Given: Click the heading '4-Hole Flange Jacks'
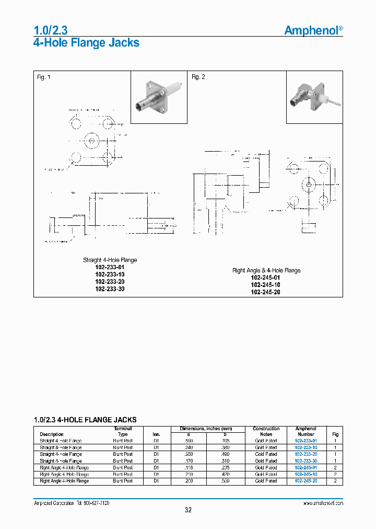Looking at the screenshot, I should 86,43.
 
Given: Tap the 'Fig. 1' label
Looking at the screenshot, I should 44,77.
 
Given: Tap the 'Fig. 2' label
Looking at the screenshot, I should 198,77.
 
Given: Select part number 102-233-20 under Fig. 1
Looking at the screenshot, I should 110,282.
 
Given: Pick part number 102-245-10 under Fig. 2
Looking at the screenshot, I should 265,285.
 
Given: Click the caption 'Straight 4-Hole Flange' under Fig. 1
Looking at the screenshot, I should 110,260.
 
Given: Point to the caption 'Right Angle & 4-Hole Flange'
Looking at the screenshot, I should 266,270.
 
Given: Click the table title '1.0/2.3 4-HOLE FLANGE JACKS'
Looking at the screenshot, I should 85,420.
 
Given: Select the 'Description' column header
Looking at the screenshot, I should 52,434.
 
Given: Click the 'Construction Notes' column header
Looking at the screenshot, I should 266,431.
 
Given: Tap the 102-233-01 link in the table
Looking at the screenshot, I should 305,441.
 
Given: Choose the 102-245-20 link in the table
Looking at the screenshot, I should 305,481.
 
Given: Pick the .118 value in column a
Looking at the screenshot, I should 189,467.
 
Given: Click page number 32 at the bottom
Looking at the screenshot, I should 188,510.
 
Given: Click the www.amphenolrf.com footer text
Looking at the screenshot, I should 323,503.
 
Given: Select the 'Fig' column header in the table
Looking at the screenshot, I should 335,434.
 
